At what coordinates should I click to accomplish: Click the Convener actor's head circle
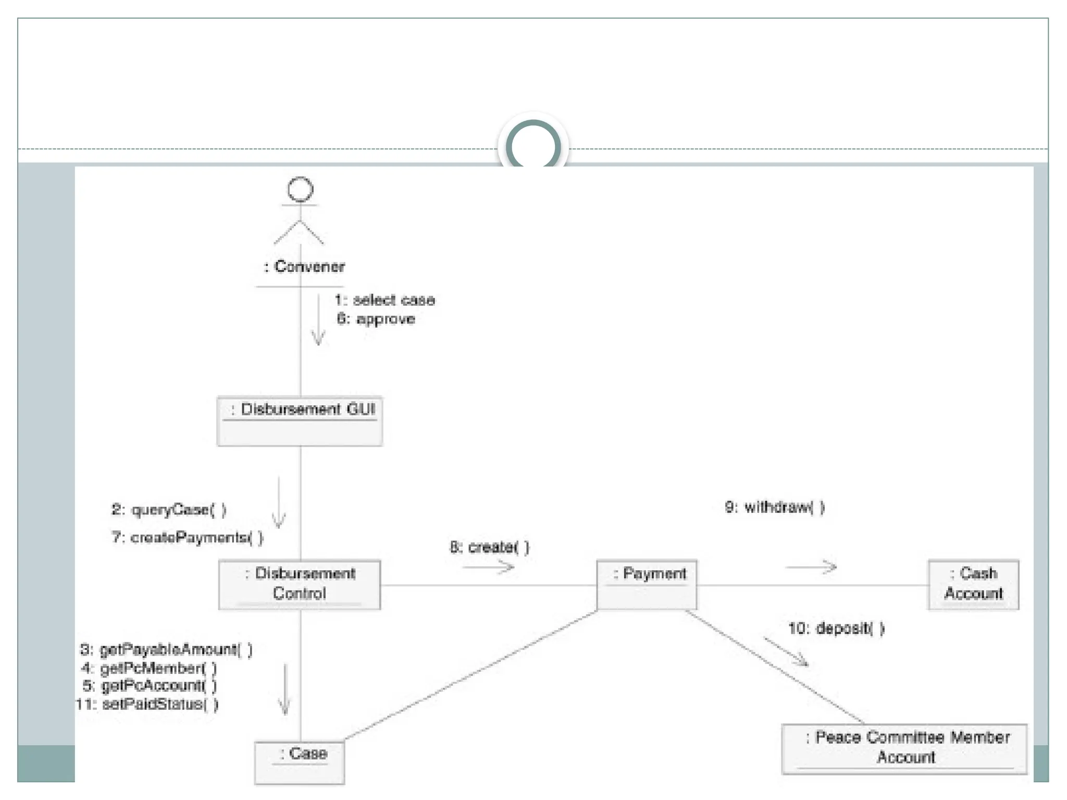tap(300, 190)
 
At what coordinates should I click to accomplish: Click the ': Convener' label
tap(304, 266)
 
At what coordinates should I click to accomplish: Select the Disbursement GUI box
tap(300, 421)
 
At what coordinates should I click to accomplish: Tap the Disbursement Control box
tap(300, 584)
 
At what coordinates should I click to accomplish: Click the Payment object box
tap(647, 584)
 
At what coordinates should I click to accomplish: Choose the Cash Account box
tap(973, 584)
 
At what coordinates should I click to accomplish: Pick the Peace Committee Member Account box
tap(904, 748)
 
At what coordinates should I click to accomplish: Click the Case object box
tap(300, 762)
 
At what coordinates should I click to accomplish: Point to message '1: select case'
tap(384, 300)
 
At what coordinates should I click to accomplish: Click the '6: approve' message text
tap(376, 319)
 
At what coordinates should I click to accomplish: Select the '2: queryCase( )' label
tap(169, 509)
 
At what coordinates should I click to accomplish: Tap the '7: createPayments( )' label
tap(188, 537)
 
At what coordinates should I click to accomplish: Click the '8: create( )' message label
tap(489, 547)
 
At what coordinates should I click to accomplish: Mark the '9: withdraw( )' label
tap(775, 507)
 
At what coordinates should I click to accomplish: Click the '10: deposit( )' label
tap(836, 628)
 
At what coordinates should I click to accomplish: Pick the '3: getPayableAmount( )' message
tap(166, 649)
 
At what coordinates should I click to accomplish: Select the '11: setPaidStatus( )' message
tap(147, 704)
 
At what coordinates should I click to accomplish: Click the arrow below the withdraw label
tap(811, 567)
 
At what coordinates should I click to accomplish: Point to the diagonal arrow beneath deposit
tap(786, 652)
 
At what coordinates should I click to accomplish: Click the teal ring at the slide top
tap(533, 146)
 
